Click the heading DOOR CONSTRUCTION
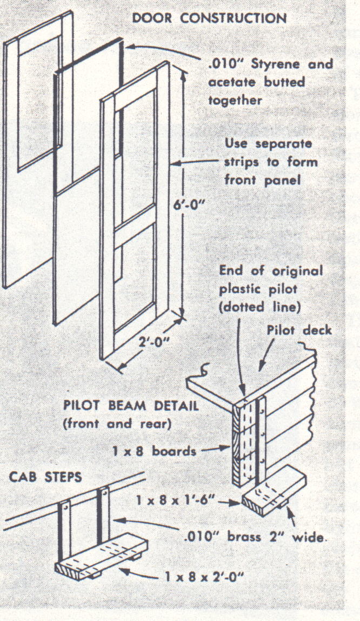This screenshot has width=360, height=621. tap(209, 18)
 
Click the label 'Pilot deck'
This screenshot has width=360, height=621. tap(299, 330)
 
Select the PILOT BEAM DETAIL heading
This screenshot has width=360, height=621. tap(131, 406)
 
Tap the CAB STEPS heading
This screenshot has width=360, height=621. tap(45, 477)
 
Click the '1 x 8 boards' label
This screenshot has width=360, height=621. tap(155, 451)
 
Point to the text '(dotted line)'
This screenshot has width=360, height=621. tap(260, 307)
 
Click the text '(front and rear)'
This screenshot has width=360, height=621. tap(117, 424)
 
